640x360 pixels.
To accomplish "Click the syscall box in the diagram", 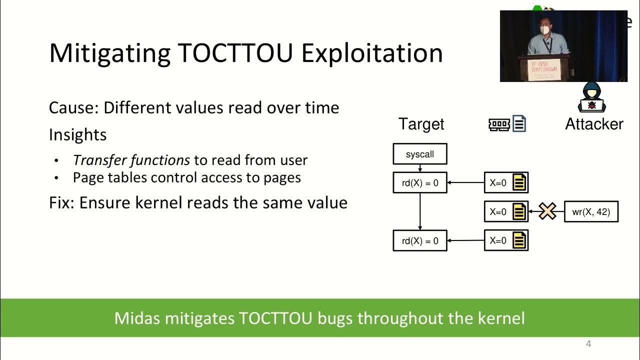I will pyautogui.click(x=419, y=154).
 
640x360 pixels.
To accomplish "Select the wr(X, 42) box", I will pyautogui.click(x=590, y=212).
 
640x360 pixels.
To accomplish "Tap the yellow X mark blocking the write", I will pyautogui.click(x=547, y=211).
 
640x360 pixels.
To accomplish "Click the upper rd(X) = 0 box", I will pyautogui.click(x=419, y=183).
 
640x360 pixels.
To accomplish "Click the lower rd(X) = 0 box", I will pyautogui.click(x=419, y=241).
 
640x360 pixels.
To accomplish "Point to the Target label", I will pyautogui.click(x=421, y=124).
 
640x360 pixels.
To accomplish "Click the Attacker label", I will pyautogui.click(x=594, y=124).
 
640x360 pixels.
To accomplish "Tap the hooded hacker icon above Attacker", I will pyautogui.click(x=592, y=97).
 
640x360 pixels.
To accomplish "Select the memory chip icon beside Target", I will pyautogui.click(x=498, y=124).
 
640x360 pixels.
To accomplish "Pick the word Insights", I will pyautogui.click(x=77, y=134).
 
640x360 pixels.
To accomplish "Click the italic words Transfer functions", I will pyautogui.click(x=131, y=160).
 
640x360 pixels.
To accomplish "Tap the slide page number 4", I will pyautogui.click(x=588, y=344).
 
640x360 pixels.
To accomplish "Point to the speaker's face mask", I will pyautogui.click(x=545, y=30).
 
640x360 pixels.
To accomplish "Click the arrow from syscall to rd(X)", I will pyautogui.click(x=419, y=169).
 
